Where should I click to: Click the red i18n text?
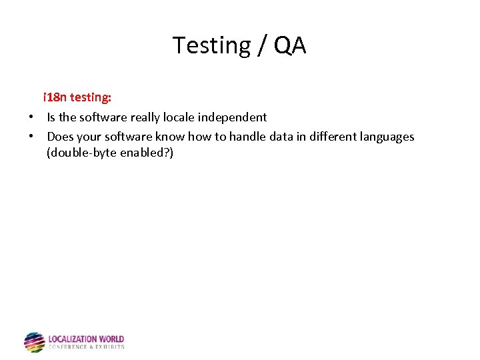click(x=55, y=97)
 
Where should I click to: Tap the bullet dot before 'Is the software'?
click(x=31, y=117)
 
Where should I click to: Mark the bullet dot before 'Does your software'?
click(x=31, y=137)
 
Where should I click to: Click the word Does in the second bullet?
click(x=59, y=137)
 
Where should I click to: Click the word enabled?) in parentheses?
click(x=145, y=153)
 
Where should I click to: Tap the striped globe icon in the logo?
click(x=34, y=342)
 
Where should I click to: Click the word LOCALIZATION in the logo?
click(x=73, y=339)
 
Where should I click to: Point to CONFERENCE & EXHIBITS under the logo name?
click(x=86, y=347)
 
